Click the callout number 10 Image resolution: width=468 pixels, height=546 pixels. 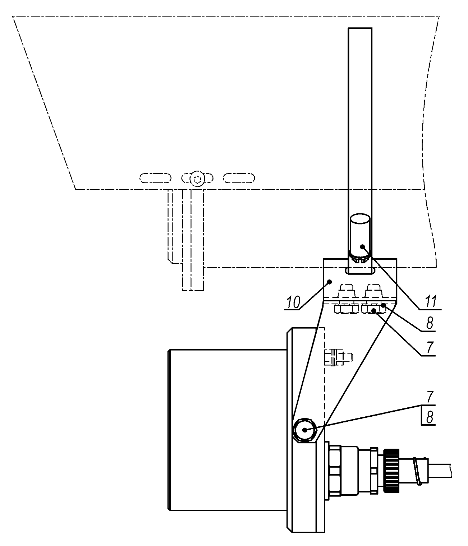[x=293, y=302]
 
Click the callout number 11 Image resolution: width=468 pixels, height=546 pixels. [x=430, y=302]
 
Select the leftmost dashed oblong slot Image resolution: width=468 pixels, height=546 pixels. [x=155, y=178]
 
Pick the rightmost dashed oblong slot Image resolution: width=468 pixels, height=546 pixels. [x=239, y=178]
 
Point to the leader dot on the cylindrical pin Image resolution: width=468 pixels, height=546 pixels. [x=363, y=247]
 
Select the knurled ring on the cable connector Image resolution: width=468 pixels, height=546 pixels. [x=391, y=471]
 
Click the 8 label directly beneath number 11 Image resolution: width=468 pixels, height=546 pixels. [x=430, y=323]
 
